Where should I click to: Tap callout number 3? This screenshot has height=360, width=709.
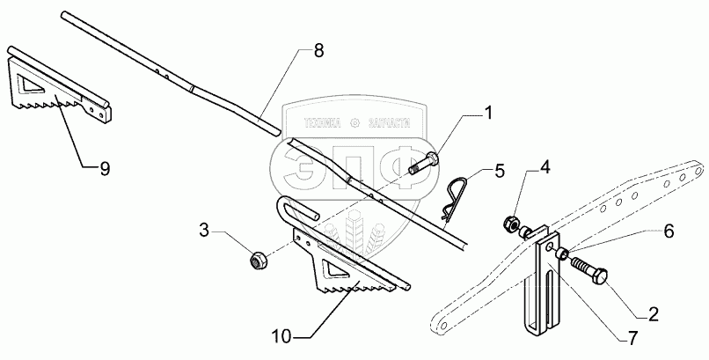(x=204, y=231)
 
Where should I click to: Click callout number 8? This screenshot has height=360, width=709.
(x=318, y=50)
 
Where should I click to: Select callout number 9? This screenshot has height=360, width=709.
(x=104, y=170)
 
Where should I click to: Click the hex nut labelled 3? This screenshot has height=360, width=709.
(x=258, y=260)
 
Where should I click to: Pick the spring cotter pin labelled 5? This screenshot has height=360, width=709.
(x=451, y=209)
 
